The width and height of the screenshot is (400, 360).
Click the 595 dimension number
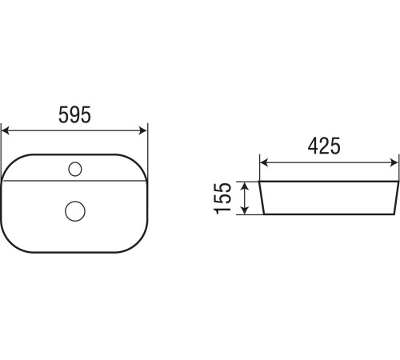pyautogui.click(x=74, y=114)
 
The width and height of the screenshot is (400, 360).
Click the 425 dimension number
pyautogui.click(x=324, y=146)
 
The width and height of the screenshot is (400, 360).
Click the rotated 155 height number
pyautogui.click(x=222, y=198)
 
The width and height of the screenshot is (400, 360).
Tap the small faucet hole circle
pyautogui.click(x=75, y=169)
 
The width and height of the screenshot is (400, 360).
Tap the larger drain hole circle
pyautogui.click(x=75, y=211)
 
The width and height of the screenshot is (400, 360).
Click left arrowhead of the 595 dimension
pyautogui.click(x=6, y=130)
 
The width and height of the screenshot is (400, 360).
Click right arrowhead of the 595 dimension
pyautogui.click(x=143, y=130)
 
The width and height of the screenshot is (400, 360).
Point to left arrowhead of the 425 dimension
pyautogui.click(x=264, y=162)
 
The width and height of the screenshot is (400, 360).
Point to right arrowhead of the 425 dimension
pyautogui.click(x=394, y=162)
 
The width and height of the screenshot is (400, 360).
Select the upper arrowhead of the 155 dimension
pyautogui.click(x=245, y=186)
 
